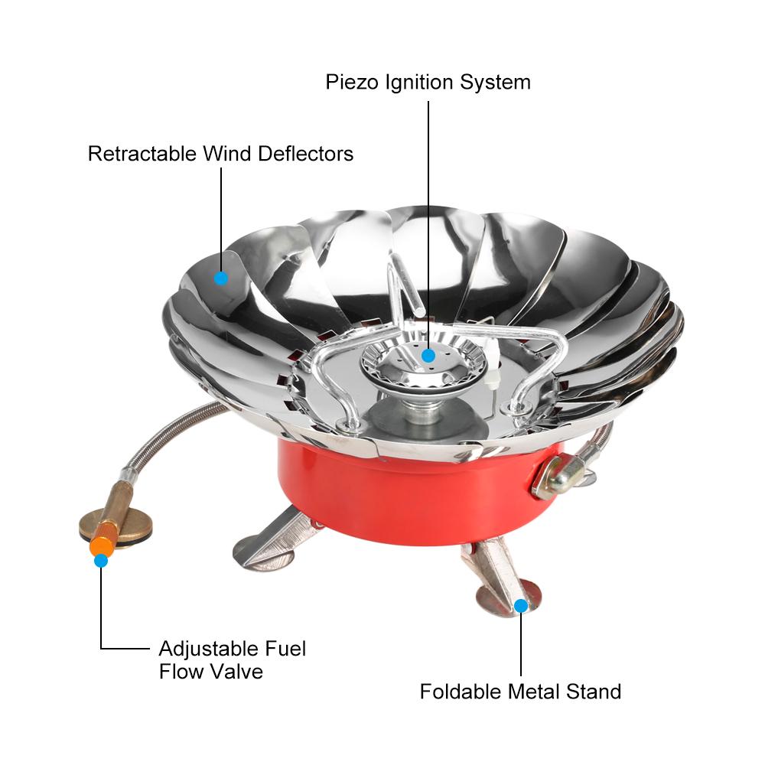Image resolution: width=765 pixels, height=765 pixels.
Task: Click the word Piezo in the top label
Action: click(x=350, y=82)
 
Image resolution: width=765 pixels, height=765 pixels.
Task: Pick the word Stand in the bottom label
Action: click(x=593, y=692)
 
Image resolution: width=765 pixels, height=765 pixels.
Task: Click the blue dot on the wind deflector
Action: click(x=221, y=278)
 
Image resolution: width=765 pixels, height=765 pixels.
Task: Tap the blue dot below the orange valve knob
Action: click(x=101, y=561)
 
